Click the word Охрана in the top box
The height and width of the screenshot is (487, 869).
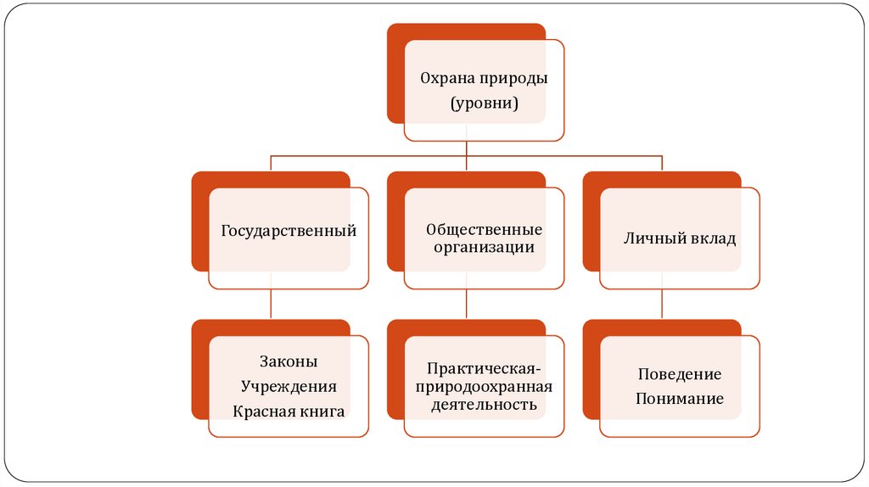(446, 78)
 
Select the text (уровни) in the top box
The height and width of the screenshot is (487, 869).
(483, 104)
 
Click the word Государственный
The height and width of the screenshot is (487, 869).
(288, 231)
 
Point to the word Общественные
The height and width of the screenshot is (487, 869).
(484, 230)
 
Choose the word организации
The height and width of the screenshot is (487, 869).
(484, 248)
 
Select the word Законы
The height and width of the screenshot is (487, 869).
(288, 361)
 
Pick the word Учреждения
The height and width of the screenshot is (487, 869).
(288, 387)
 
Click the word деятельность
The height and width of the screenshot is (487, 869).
(483, 405)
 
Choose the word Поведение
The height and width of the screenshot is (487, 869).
(679, 374)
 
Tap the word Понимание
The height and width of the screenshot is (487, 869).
(679, 398)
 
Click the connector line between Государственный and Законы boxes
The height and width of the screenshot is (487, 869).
(271, 305)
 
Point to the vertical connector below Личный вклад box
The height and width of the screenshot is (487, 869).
(662, 305)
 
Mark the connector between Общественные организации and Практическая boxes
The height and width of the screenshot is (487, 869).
(467, 305)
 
